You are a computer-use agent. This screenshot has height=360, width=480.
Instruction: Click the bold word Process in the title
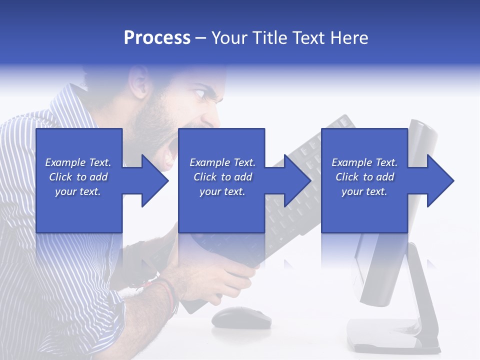[157, 38]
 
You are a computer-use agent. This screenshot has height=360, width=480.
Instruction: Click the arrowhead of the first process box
[152, 180]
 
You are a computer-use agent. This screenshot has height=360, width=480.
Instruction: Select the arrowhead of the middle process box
[296, 180]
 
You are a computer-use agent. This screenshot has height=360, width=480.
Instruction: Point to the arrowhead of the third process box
[439, 180]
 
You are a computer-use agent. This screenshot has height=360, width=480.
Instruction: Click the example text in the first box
[78, 177]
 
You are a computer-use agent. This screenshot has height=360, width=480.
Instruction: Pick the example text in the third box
[364, 177]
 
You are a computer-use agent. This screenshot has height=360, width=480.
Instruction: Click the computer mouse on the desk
[241, 317]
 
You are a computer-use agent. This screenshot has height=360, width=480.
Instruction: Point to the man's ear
[138, 81]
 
